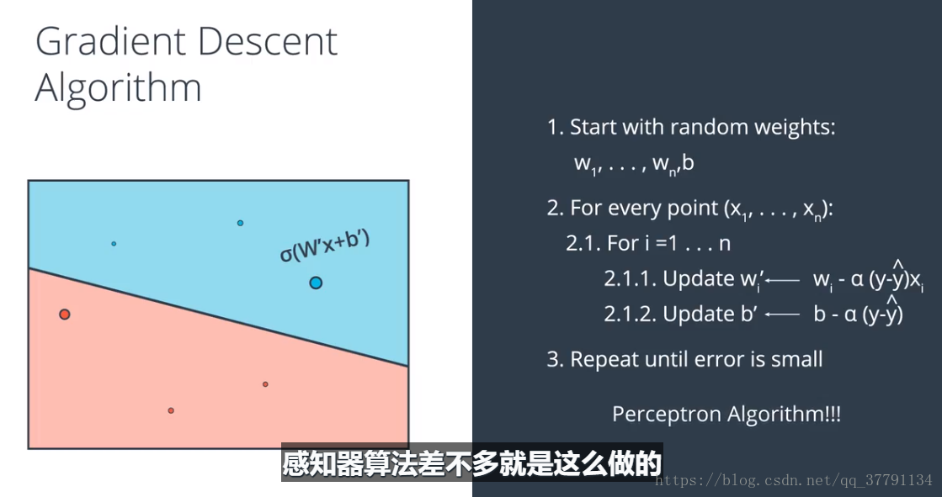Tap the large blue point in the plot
coord(316,282)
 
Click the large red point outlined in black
coord(64,314)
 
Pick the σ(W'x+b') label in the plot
coord(325,246)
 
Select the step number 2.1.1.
coord(631,279)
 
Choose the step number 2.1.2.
coord(631,314)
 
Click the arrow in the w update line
coord(784,280)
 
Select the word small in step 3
coord(797,359)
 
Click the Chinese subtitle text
coord(472,463)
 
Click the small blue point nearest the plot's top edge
coord(240,223)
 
